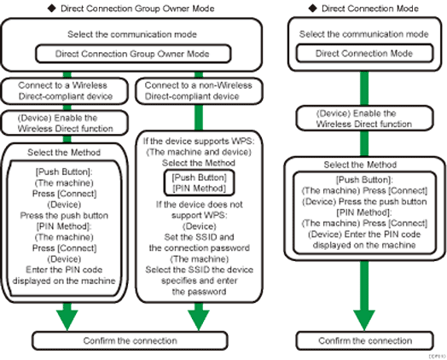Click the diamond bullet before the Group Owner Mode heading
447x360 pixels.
[55, 7]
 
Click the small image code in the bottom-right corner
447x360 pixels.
[435, 354]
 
